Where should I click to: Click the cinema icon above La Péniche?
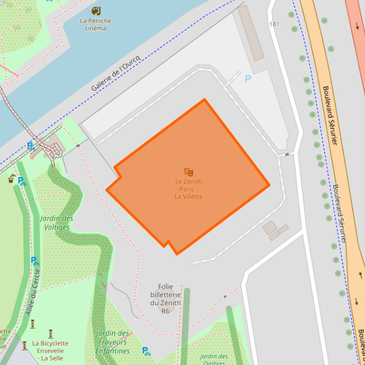(96, 11)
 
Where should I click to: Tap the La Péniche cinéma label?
(96, 25)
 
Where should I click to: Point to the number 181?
(274, 25)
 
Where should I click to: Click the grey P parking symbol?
(248, 79)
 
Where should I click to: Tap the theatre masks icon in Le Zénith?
(188, 172)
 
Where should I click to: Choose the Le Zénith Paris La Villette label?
(188, 189)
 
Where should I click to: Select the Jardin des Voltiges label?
(56, 222)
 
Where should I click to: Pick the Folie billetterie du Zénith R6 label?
(165, 299)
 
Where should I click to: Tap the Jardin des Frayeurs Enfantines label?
(112, 342)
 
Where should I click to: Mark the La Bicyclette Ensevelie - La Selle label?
(50, 350)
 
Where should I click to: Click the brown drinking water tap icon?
(11, 179)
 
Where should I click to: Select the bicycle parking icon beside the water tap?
(21, 181)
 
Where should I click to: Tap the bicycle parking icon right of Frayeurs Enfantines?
(145, 350)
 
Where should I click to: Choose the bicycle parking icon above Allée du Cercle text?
(34, 261)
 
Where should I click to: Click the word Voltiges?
(56, 227)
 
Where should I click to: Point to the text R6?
(165, 311)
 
